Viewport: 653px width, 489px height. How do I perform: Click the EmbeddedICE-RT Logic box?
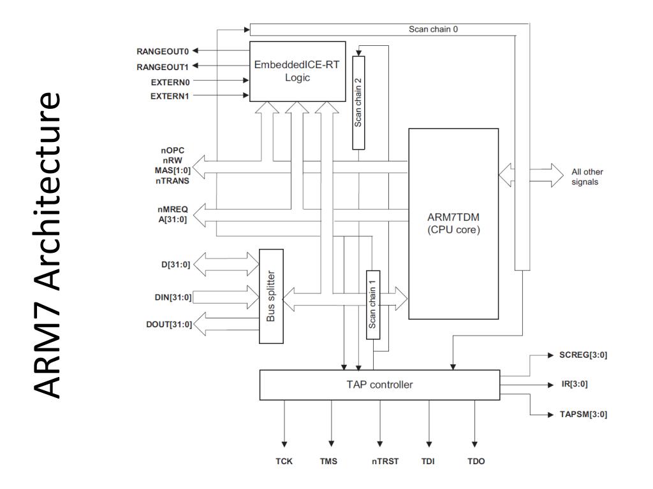(297, 71)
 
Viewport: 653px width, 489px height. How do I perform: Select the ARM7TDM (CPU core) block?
(453, 223)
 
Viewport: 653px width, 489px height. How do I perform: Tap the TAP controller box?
(379, 385)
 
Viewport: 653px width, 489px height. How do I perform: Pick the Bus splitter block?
(271, 296)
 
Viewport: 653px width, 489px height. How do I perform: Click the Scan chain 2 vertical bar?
(358, 103)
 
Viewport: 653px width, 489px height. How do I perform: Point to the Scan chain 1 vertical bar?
(372, 305)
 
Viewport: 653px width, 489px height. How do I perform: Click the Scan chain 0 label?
(433, 29)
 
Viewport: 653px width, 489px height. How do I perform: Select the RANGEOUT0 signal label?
(163, 51)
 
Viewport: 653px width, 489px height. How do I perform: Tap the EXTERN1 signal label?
(170, 96)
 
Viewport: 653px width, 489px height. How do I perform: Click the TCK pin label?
(284, 461)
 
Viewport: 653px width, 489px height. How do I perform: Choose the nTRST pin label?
(385, 461)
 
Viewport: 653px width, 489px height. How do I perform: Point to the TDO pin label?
(476, 461)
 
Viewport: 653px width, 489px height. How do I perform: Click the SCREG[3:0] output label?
(583, 355)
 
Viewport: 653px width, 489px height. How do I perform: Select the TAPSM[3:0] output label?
(583, 414)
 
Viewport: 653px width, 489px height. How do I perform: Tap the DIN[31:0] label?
(173, 297)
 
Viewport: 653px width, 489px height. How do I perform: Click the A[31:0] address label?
(172, 219)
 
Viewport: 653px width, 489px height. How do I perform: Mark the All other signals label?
(587, 177)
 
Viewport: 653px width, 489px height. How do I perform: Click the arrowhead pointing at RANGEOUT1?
(195, 66)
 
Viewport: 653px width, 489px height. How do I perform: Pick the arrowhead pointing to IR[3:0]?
(550, 385)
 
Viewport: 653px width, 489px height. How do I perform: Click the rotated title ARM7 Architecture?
(47, 244)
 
